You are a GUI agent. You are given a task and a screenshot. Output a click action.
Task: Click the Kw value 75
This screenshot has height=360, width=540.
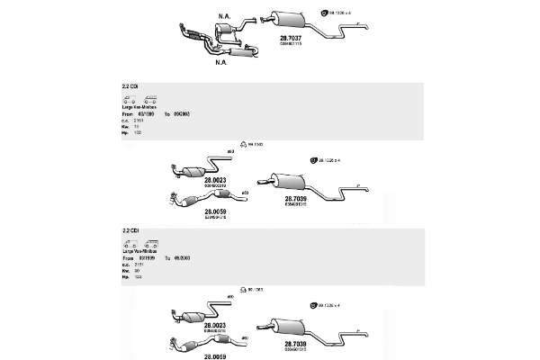(138, 127)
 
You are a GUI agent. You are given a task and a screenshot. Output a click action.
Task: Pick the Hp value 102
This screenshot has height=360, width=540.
(138, 133)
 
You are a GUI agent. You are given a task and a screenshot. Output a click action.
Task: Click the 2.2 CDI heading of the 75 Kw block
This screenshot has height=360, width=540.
(130, 86)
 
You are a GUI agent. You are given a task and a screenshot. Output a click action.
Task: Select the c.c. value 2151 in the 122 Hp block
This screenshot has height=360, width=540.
(139, 263)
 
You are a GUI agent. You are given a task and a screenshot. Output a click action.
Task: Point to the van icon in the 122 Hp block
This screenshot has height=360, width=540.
(129, 243)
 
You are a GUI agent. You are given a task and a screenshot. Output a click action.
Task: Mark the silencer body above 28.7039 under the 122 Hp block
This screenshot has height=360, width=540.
(288, 326)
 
